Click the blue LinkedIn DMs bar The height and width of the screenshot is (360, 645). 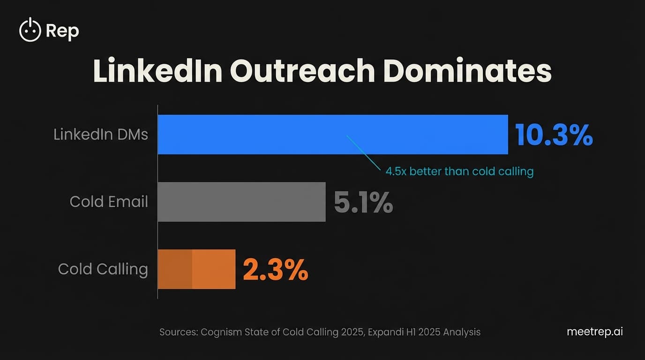click(333, 135)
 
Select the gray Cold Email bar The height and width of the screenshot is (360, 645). click(241, 202)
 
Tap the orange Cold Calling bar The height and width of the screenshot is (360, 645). click(196, 269)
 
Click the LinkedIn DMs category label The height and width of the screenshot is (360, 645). click(101, 135)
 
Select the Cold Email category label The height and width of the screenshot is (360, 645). click(109, 202)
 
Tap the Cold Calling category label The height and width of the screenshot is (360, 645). click(103, 269)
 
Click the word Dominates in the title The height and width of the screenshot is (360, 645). click(467, 71)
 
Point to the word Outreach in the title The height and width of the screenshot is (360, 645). click(302, 71)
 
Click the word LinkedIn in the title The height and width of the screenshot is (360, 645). click(157, 71)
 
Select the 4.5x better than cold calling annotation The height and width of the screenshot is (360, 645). click(459, 171)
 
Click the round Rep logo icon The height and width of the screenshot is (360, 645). click(30, 30)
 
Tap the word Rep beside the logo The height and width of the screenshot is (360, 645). click(62, 31)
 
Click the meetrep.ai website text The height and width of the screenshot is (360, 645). click(595, 331)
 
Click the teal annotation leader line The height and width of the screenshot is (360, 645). click(363, 152)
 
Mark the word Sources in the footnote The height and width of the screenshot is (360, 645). click(178, 332)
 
